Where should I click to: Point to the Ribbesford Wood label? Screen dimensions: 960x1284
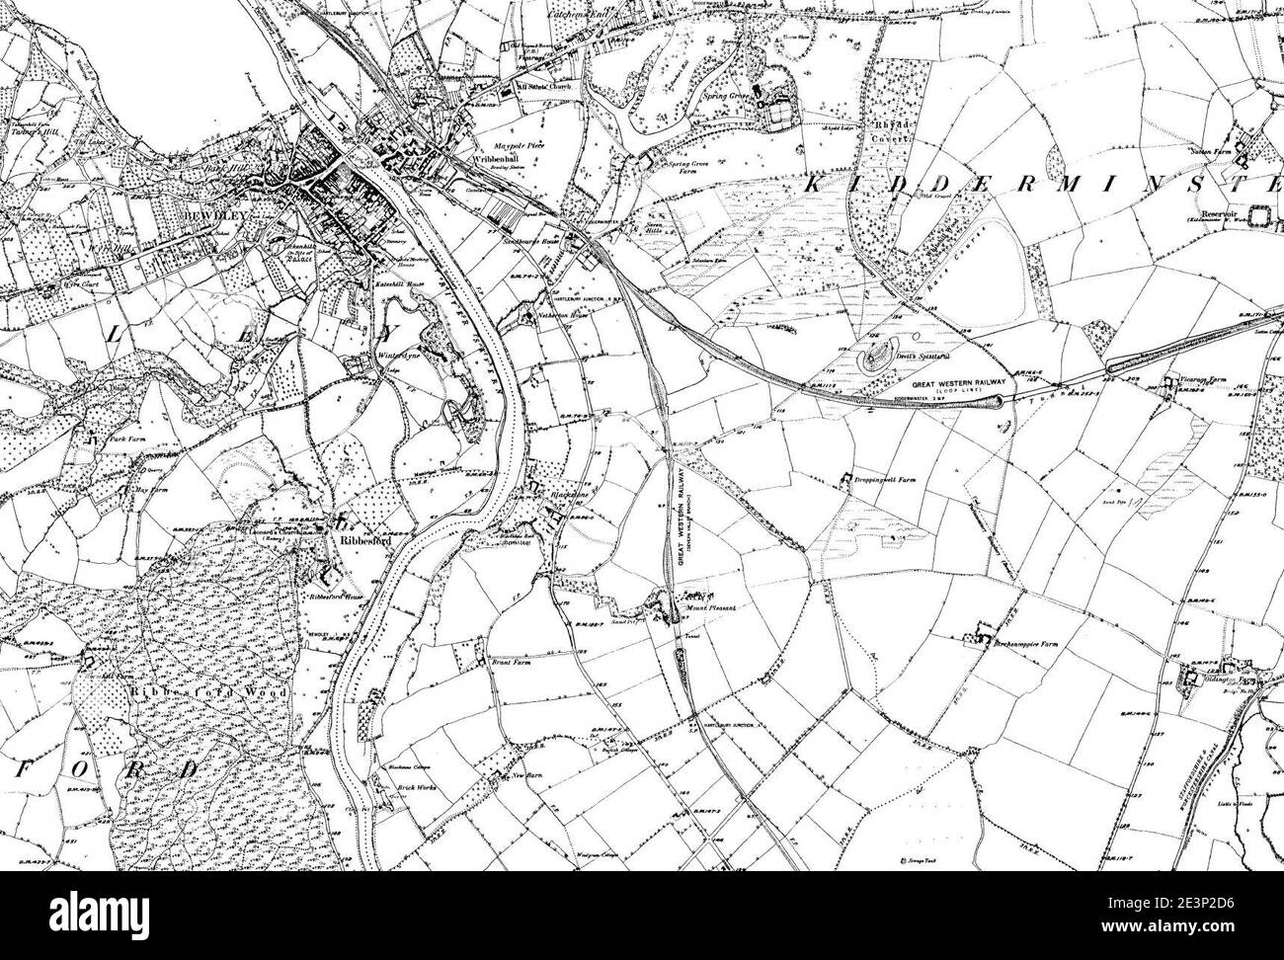(x=207, y=693)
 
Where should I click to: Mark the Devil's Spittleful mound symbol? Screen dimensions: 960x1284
(x=873, y=355)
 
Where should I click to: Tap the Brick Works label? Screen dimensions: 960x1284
(x=405, y=801)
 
